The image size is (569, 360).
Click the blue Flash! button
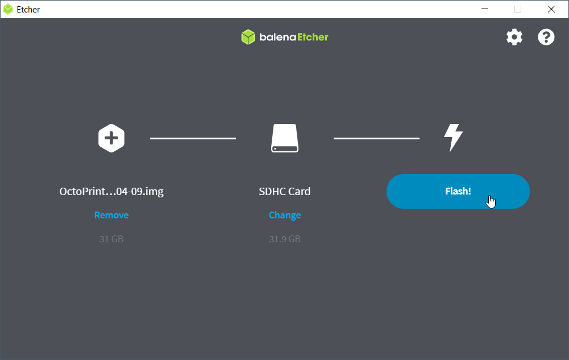(458, 191)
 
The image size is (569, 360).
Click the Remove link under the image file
(111, 215)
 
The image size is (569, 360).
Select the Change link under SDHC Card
(285, 215)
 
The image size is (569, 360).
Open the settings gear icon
(514, 37)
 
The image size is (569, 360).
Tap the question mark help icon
(546, 37)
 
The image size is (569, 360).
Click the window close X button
(551, 9)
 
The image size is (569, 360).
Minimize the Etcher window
(485, 9)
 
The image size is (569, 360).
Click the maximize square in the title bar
(518, 9)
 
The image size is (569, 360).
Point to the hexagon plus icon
(111, 138)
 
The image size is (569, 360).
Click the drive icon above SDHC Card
(285, 138)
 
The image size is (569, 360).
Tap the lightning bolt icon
(453, 138)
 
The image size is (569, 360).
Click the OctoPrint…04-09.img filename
(111, 191)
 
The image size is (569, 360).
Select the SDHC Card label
(285, 191)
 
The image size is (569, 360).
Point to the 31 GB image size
(111, 239)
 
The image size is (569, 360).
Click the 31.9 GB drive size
(285, 239)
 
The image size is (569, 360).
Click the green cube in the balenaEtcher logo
(248, 37)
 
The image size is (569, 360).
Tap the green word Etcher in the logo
(313, 37)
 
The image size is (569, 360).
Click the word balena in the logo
(278, 37)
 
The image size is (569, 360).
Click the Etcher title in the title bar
(28, 10)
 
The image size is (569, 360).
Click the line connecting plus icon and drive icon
(193, 138)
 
